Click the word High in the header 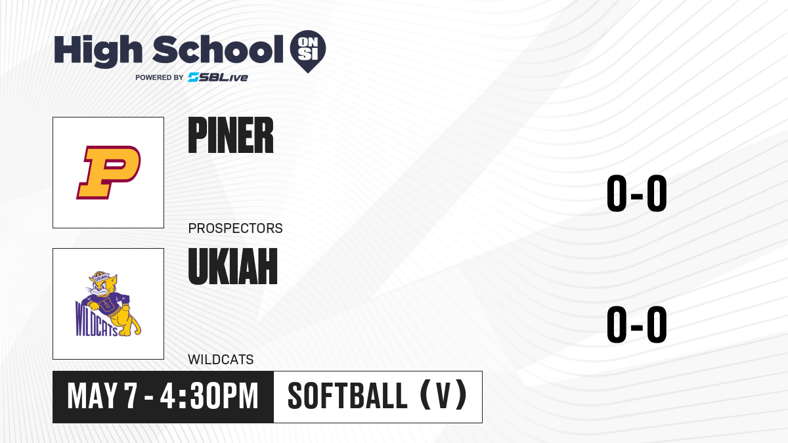coord(98,51)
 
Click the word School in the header coord(218,50)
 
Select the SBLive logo coord(218,77)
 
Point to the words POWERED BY coord(160,77)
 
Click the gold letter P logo coord(108,172)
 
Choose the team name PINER coord(230,135)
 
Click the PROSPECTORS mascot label coord(235,228)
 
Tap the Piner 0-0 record coord(637,194)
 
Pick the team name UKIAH coord(233,266)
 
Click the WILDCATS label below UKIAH coord(221,360)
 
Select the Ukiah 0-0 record coord(637,324)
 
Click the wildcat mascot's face coord(101,287)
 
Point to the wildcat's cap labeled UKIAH coord(100,276)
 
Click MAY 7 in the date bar coord(102,396)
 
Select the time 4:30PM coord(209,396)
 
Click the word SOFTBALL coord(347,396)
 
